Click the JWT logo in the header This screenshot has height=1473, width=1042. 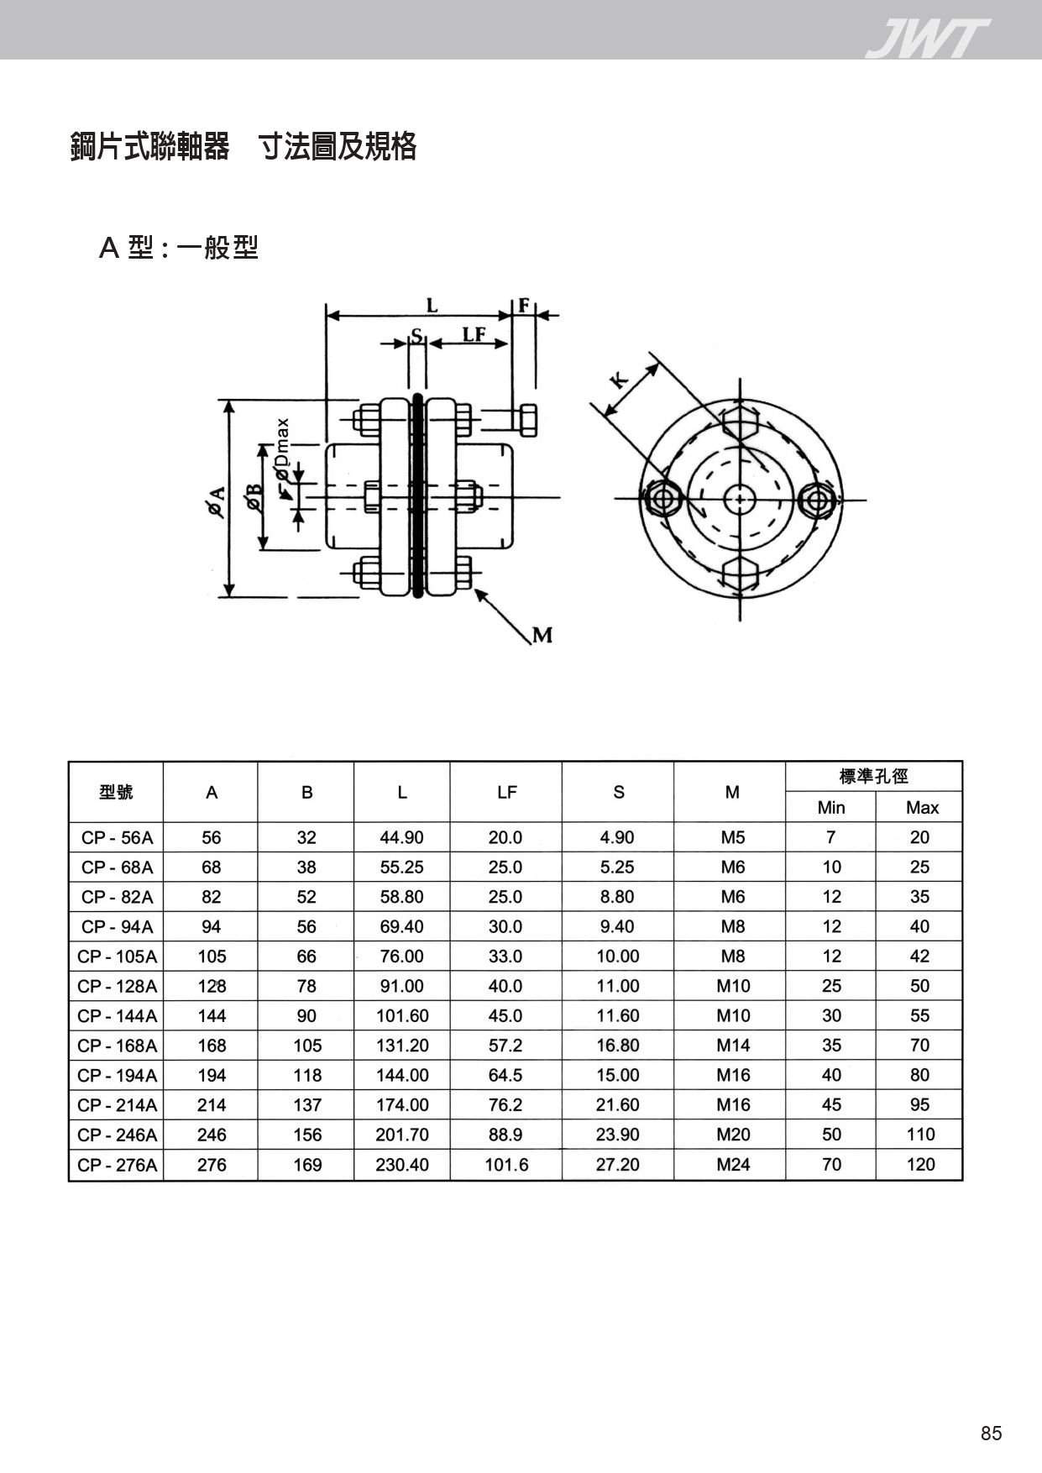tap(927, 39)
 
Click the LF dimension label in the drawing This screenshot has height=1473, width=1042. tap(474, 333)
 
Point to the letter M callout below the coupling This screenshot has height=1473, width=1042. tap(542, 635)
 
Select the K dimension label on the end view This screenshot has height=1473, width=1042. tap(619, 379)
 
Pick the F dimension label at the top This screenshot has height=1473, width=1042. tap(524, 305)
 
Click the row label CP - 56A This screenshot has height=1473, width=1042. tap(118, 837)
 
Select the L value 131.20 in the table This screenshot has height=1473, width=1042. tap(402, 1046)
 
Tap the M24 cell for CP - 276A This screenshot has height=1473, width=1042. tap(733, 1165)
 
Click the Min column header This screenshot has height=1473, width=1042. tap(831, 808)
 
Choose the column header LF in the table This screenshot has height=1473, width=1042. tap(506, 792)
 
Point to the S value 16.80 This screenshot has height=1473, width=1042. tap(618, 1046)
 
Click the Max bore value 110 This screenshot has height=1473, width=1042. tap(920, 1135)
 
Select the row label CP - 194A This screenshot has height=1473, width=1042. tap(118, 1076)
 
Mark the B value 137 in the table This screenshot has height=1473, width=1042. tap(307, 1105)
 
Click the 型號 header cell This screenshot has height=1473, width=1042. tap(116, 792)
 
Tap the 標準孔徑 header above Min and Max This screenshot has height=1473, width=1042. tap(874, 777)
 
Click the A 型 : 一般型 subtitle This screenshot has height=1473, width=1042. tap(179, 248)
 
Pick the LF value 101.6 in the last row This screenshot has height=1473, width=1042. tap(506, 1165)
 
